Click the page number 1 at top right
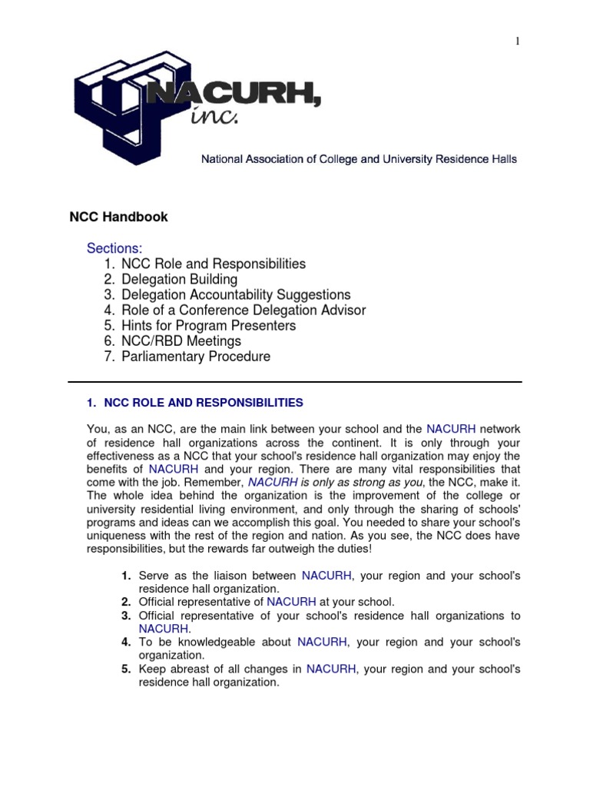point(518,42)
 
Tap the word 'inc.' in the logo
point(217,116)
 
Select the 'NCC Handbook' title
point(119,218)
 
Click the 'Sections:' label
point(114,248)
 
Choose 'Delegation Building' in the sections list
point(179,279)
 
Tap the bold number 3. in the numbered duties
point(126,616)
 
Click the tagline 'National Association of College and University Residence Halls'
point(359,159)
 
